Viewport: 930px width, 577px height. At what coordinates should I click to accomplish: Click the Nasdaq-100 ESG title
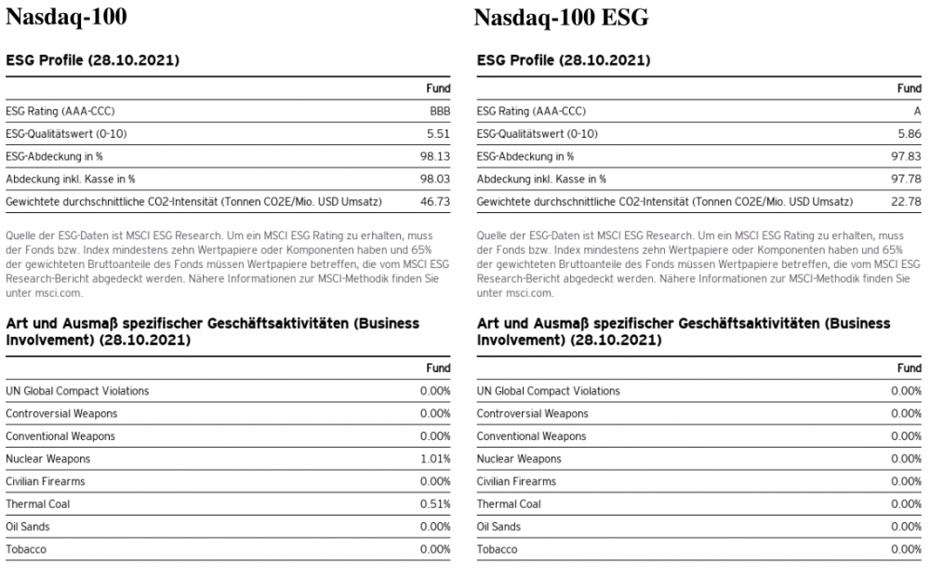561,18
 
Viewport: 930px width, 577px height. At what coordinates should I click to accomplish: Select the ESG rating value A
917,112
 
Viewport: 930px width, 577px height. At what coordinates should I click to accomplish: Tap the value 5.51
438,134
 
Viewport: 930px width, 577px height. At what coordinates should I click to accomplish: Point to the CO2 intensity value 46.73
435,201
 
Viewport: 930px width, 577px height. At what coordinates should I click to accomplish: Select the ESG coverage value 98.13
435,156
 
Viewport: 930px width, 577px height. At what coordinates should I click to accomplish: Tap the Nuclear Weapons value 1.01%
435,459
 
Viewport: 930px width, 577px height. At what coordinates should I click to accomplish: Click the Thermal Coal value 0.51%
435,504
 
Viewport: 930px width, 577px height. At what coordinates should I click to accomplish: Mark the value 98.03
435,179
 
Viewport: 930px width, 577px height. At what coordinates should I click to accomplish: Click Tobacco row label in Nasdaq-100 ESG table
497,550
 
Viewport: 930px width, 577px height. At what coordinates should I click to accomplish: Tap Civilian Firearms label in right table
516,482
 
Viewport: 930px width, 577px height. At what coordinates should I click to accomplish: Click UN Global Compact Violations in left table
77,391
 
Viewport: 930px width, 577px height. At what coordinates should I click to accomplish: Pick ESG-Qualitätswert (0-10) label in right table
538,134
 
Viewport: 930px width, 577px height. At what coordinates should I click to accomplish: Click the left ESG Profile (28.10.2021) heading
93,60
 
